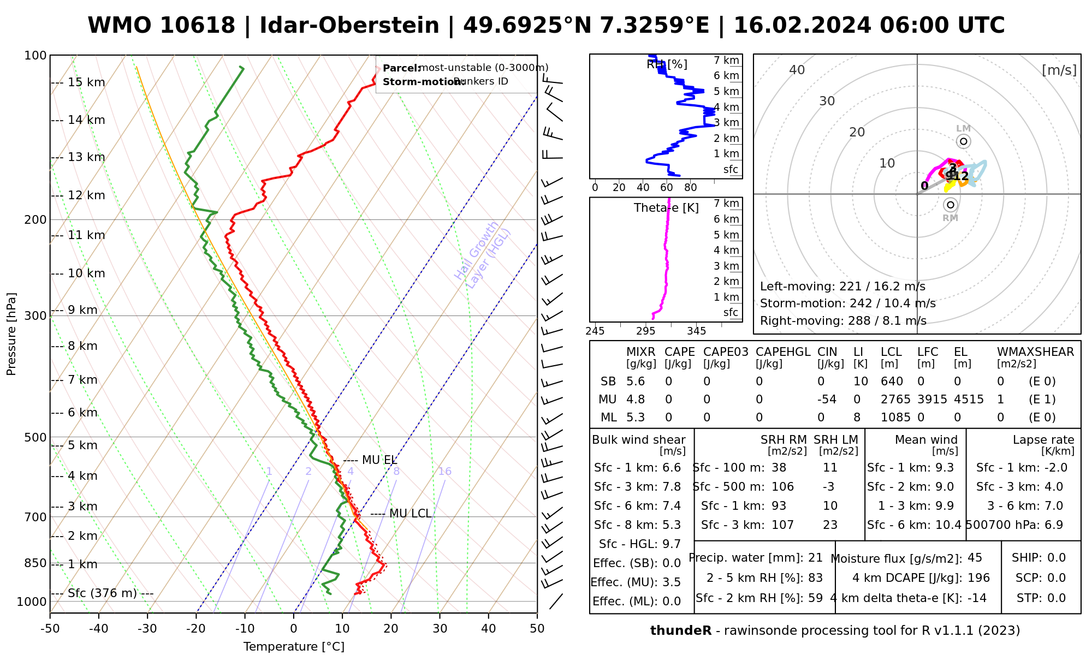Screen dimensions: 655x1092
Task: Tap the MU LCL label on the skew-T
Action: (x=410, y=514)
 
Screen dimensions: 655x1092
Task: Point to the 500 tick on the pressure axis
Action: (x=36, y=438)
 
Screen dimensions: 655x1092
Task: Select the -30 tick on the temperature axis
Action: (x=147, y=629)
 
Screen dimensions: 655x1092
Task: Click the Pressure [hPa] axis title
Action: (x=11, y=334)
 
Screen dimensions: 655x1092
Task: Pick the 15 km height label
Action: (x=86, y=82)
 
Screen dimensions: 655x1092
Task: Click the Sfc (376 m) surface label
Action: (x=102, y=593)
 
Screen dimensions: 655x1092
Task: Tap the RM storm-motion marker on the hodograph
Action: (x=951, y=205)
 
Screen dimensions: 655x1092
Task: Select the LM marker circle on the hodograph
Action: (x=964, y=141)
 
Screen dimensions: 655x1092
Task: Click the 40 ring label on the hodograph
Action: (x=797, y=70)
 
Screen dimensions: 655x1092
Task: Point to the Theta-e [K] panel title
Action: (x=666, y=208)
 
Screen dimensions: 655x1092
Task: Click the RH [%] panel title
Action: (x=667, y=64)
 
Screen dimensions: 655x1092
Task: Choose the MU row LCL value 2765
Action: (x=895, y=400)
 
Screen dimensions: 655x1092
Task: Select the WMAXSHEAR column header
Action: (x=1035, y=352)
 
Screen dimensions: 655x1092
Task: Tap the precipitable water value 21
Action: (x=815, y=558)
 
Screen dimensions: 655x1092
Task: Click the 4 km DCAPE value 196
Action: (x=978, y=578)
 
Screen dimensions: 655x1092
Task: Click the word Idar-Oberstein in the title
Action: (x=349, y=26)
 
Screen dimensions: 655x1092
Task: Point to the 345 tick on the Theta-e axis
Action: (x=696, y=331)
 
